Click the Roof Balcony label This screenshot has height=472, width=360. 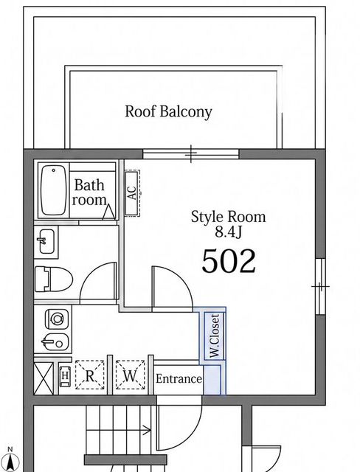tap(168, 112)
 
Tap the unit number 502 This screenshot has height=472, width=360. tap(229, 261)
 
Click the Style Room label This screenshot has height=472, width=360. tap(229, 217)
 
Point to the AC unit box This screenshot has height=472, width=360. tap(133, 193)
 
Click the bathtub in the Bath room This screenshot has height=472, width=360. tap(54, 190)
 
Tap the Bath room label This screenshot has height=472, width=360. tap(89, 192)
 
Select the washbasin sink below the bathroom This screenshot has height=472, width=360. tap(46, 241)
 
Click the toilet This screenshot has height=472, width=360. tap(54, 279)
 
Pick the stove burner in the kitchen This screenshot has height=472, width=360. tap(57, 319)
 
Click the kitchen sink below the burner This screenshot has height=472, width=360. tap(55, 342)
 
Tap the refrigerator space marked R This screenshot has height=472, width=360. tap(89, 375)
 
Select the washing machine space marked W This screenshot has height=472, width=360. tap(130, 375)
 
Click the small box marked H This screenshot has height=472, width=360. tap(65, 375)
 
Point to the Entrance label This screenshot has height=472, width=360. tap(179, 378)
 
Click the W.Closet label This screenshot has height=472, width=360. tap(215, 336)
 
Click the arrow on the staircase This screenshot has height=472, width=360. tap(119, 431)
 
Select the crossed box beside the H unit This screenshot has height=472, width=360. tap(44, 378)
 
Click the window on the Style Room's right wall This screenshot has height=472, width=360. tap(321, 286)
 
